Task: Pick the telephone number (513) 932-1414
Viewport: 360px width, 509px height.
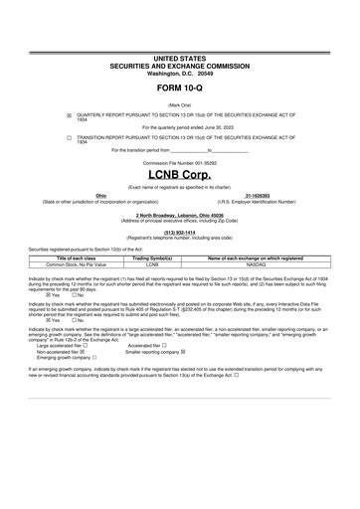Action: [x=180, y=234]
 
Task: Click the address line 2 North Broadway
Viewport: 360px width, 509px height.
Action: [x=180, y=215]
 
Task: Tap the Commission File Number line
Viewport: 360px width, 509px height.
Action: [x=180, y=161]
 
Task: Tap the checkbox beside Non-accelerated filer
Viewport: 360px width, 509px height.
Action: [x=85, y=352]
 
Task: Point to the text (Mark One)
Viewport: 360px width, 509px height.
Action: [x=180, y=103]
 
